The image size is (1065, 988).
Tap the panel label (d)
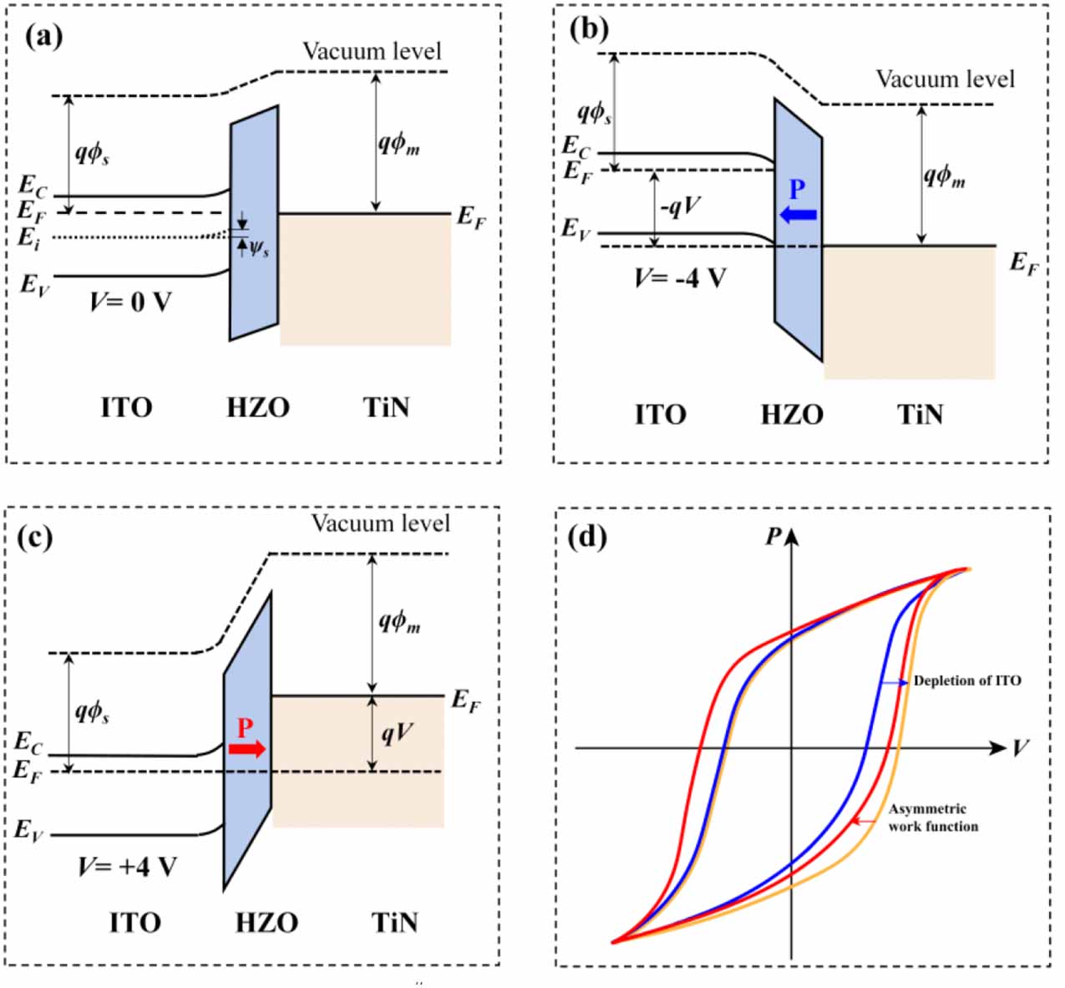click(586, 536)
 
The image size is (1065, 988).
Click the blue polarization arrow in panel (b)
click(798, 216)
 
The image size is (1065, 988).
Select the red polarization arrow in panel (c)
click(247, 748)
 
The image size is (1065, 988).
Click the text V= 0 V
click(130, 302)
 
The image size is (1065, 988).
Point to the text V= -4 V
click(680, 278)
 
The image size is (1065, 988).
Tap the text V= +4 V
click(128, 867)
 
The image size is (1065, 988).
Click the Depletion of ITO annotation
click(966, 681)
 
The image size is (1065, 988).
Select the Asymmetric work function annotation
click(932, 817)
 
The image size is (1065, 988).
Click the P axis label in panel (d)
click(773, 537)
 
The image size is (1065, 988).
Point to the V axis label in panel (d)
click(1021, 747)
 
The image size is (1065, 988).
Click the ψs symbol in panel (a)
click(259, 248)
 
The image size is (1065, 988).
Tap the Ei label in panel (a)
click(29, 239)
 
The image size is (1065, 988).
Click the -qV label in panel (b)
click(680, 206)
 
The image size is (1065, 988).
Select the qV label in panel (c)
click(397, 733)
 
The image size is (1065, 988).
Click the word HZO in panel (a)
click(258, 408)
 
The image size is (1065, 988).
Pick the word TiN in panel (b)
click(920, 415)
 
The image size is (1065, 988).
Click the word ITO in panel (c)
click(134, 923)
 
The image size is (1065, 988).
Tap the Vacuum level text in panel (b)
click(945, 79)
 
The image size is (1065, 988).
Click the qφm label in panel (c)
click(399, 620)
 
